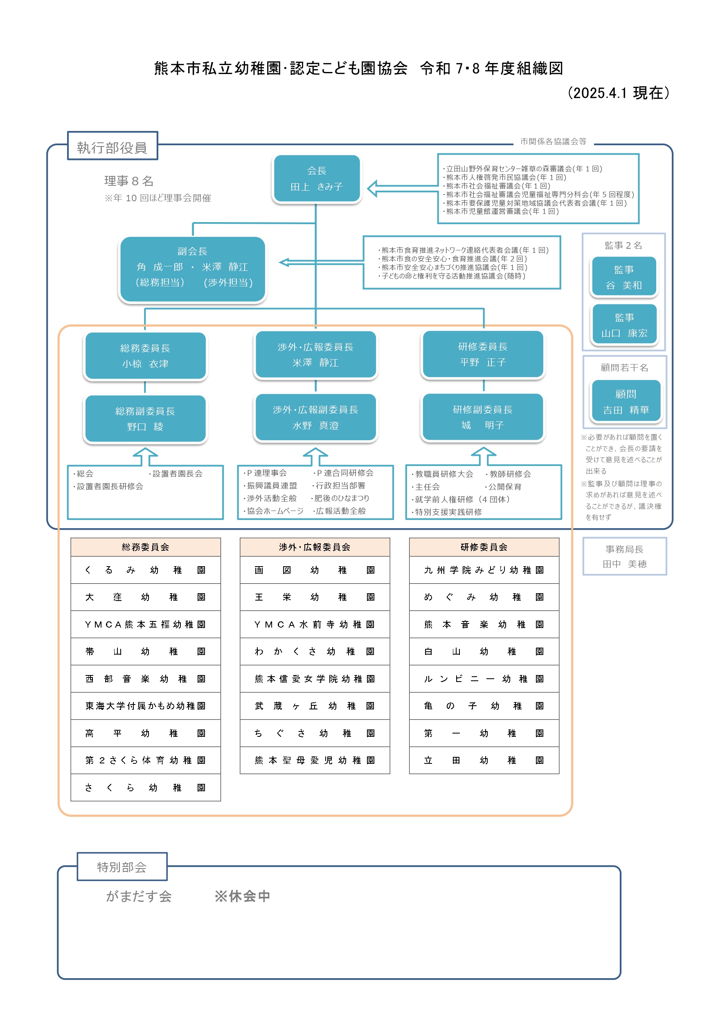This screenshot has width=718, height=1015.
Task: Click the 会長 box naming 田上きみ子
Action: point(317,179)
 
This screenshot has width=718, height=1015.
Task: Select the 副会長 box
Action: point(192,269)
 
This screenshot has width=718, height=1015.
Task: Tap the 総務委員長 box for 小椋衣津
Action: point(146,356)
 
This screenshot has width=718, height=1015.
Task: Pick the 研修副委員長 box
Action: point(483,417)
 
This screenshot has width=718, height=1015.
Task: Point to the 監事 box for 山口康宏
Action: point(624,324)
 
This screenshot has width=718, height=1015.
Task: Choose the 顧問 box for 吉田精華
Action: point(626,401)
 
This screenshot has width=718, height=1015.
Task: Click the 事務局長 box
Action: point(624,556)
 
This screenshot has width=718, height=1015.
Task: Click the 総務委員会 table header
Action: point(146,547)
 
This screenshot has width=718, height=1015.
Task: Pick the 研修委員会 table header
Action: point(484,547)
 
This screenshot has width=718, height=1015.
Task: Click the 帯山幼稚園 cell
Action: point(146,651)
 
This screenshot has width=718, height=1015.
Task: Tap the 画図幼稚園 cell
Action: point(315,570)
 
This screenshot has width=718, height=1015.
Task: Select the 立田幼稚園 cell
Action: point(484,760)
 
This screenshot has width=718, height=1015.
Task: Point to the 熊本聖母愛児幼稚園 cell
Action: point(315,760)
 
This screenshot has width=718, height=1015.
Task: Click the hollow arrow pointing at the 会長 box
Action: point(402,188)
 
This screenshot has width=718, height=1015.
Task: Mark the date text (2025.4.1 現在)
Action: point(618,93)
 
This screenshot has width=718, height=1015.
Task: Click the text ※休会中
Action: point(242,896)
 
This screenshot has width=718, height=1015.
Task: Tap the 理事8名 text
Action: point(128,181)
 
